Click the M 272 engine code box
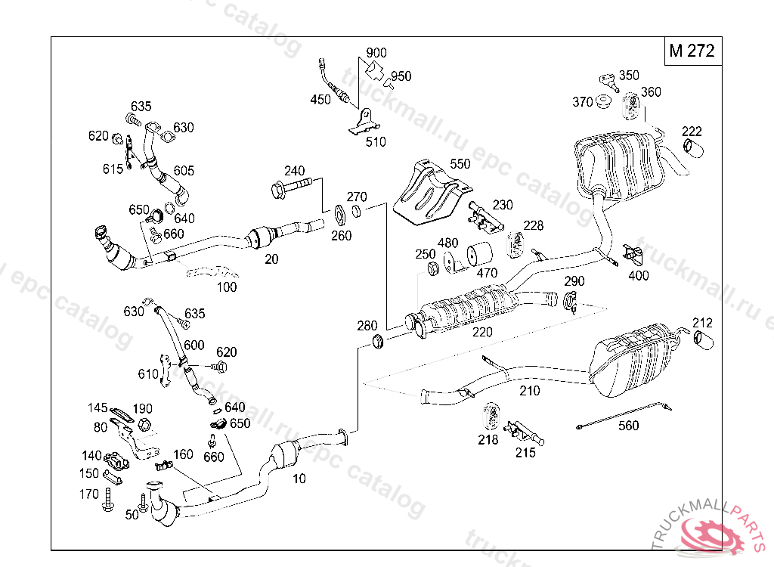[691, 51]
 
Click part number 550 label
[460, 163]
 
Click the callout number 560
[628, 426]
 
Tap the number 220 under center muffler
[482, 331]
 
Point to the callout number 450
[320, 99]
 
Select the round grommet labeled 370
[603, 101]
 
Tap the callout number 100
[227, 287]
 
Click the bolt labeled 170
[109, 499]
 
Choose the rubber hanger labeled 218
[492, 417]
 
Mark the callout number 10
[299, 478]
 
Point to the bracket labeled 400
[630, 255]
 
